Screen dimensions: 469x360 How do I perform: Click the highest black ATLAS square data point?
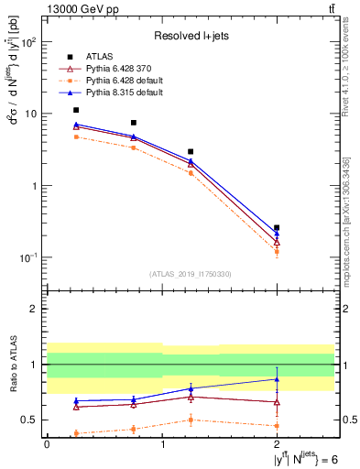coord(76,110)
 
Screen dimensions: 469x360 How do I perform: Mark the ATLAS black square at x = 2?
coord(277,227)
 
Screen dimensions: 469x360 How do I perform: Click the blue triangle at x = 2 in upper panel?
coord(277,234)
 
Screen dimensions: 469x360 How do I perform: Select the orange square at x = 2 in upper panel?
coord(277,251)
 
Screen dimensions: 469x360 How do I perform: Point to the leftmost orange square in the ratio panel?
coord(76,433)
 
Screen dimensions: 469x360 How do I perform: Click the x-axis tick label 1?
coord(162,443)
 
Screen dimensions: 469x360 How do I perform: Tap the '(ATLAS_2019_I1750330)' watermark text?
coord(191,273)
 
